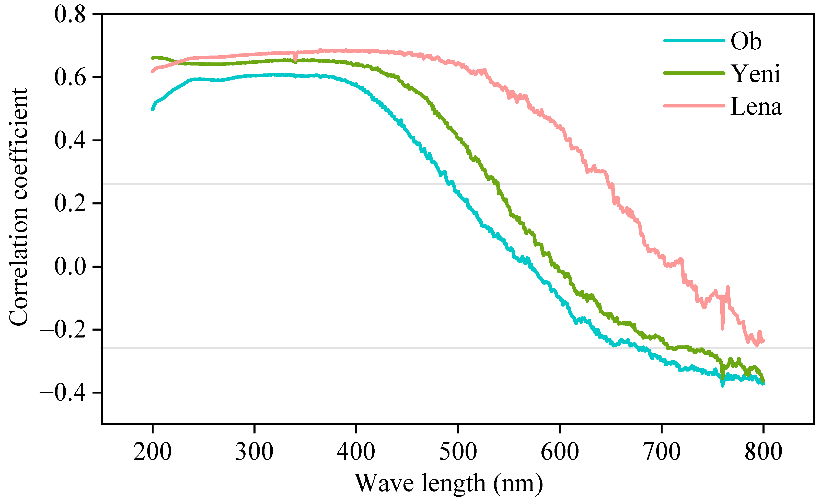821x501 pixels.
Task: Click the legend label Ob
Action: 746,41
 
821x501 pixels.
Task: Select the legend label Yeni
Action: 755,74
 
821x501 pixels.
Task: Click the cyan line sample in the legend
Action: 694,41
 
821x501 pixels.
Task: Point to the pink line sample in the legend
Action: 694,106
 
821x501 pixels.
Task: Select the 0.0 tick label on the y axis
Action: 70,267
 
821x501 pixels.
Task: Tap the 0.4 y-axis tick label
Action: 70,140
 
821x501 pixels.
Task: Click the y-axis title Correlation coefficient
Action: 18,207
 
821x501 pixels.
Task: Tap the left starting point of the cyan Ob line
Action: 153,110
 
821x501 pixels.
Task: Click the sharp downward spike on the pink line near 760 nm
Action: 722,329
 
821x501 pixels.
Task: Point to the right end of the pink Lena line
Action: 764,341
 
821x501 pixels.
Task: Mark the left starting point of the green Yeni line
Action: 153,58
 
